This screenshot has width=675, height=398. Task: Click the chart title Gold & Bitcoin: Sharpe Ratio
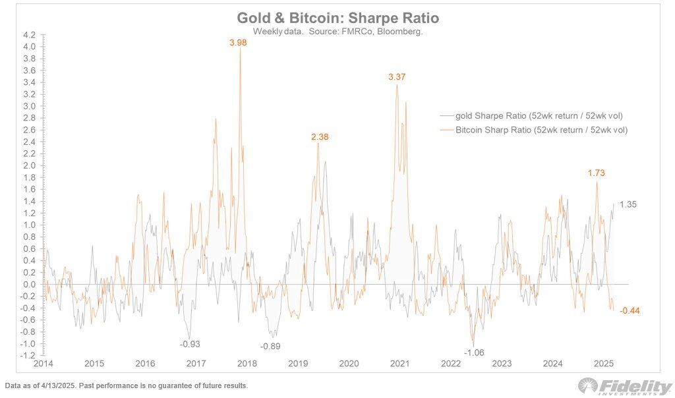click(337, 18)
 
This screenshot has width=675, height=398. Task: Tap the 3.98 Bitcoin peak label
click(239, 43)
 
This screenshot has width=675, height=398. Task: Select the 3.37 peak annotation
click(397, 77)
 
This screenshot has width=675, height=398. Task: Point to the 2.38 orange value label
click(320, 137)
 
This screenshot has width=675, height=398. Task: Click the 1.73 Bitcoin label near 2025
click(597, 173)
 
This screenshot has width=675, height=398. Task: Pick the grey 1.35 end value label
click(628, 204)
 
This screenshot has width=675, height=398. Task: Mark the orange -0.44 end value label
click(630, 310)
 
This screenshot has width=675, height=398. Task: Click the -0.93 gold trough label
click(191, 344)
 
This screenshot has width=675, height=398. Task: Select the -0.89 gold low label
click(270, 347)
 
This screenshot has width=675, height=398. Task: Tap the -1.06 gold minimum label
click(474, 353)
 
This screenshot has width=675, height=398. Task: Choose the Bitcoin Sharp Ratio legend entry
click(541, 130)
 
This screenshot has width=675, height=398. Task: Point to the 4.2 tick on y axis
click(29, 34)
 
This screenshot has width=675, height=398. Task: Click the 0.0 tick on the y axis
click(29, 285)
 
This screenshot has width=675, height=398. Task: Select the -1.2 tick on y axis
click(28, 356)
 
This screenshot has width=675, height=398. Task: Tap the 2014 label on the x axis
click(44, 364)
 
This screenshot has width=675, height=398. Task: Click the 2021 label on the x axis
click(400, 364)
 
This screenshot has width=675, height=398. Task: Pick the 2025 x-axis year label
click(604, 364)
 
